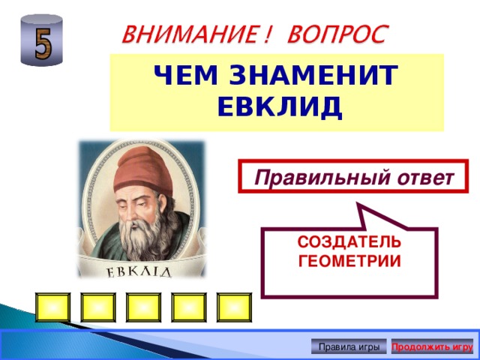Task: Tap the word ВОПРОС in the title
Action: pos(339,34)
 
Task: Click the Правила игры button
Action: pos(349,347)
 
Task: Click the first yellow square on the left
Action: pos(52,307)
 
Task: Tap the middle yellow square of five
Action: pos(143,307)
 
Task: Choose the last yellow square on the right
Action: pos(233,307)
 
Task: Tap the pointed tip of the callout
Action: pos(359,205)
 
